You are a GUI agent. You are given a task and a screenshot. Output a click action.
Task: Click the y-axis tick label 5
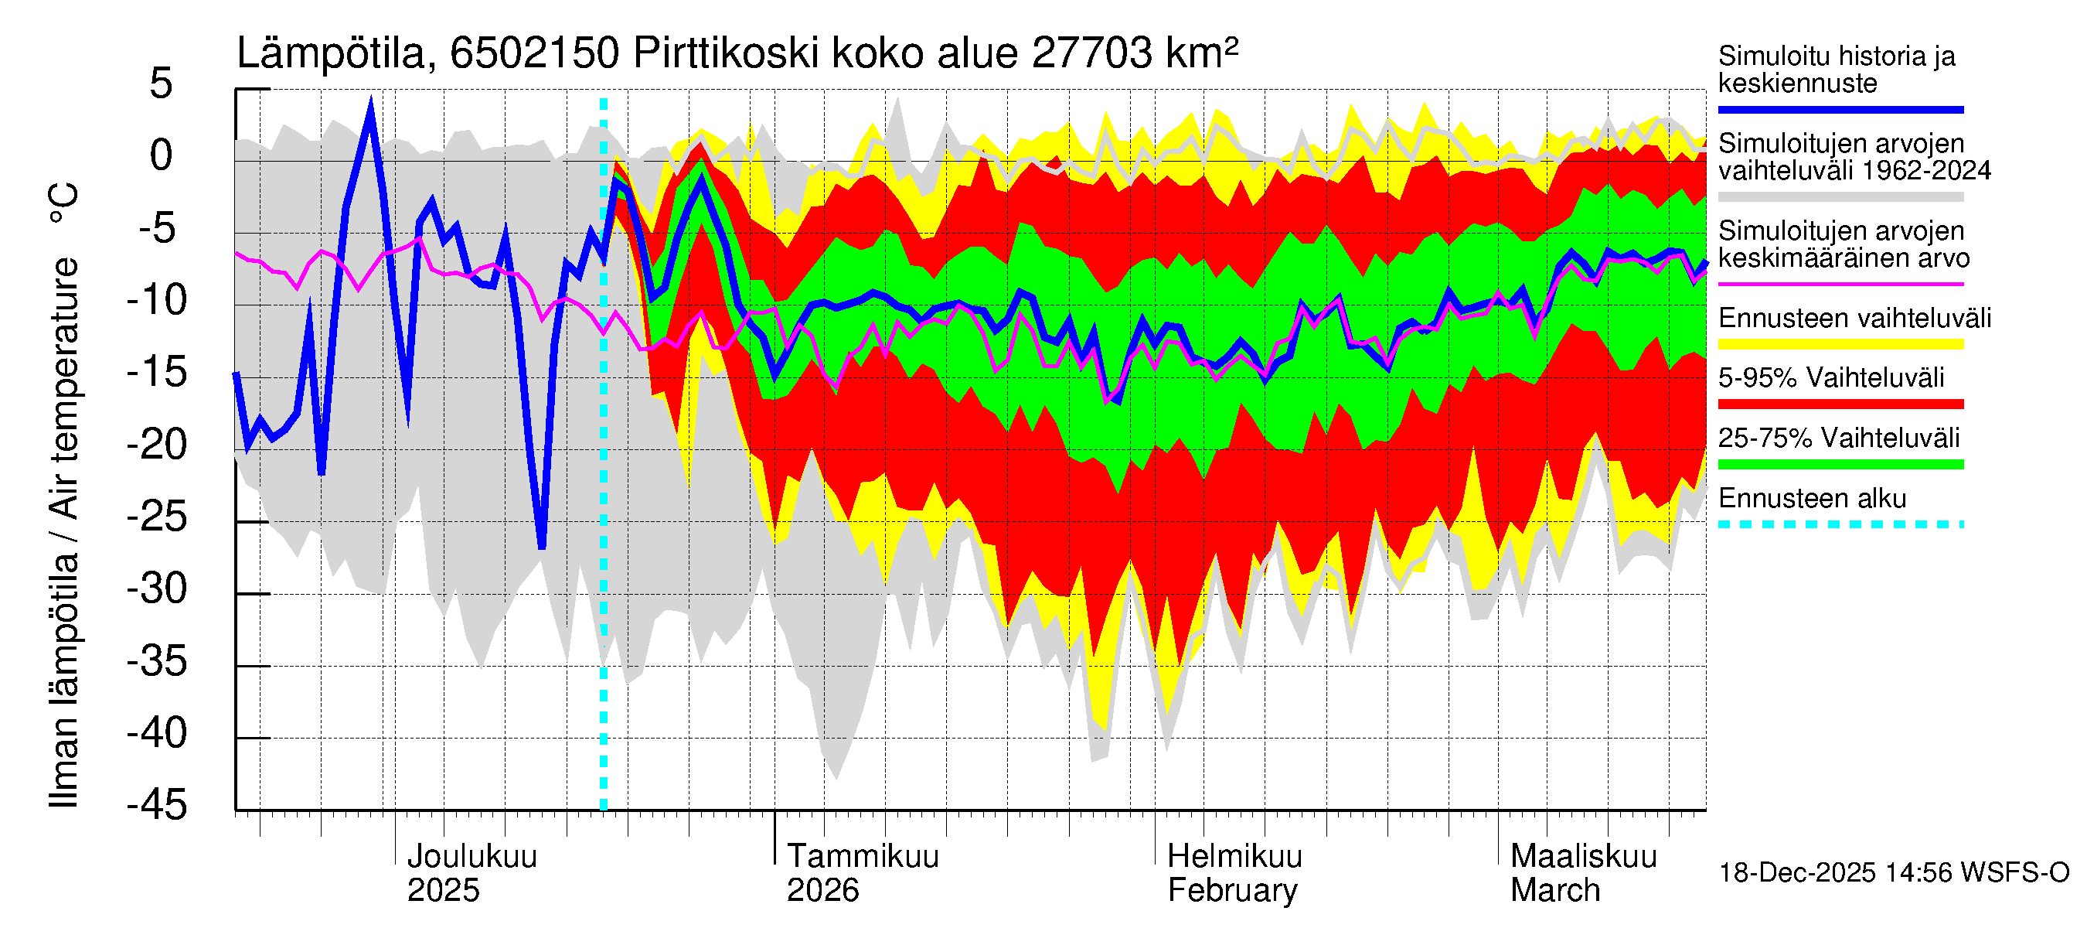[x=162, y=84]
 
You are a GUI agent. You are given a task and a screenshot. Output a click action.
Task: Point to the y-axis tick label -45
[x=157, y=806]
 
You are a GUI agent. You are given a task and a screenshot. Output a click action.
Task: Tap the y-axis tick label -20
[x=157, y=445]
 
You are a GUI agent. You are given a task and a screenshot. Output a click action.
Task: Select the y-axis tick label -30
[x=157, y=589]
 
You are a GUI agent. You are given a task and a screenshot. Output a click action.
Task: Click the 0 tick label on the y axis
[x=162, y=155]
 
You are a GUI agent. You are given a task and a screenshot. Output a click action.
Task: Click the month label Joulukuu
[x=472, y=857]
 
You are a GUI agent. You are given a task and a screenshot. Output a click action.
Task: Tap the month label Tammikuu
[x=863, y=857]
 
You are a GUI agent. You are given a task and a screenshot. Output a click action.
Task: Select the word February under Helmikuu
[x=1232, y=891]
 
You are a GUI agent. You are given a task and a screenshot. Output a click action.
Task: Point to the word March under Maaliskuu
[x=1554, y=891]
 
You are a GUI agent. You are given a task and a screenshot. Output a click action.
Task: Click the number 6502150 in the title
[x=535, y=54]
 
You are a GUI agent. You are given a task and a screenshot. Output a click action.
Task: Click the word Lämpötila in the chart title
[x=332, y=54]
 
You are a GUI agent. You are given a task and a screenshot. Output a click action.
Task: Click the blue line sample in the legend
[x=1840, y=109]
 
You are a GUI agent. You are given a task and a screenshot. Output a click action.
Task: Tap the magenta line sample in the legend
[x=1840, y=285]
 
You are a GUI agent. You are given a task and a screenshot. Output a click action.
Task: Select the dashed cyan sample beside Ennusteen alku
[x=1840, y=524]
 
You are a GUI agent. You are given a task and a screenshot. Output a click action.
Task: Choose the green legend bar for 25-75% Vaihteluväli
[x=1840, y=465]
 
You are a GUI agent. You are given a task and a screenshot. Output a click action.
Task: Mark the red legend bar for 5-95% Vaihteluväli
[x=1840, y=404]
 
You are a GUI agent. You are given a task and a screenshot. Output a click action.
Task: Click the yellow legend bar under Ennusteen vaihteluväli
[x=1840, y=344]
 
